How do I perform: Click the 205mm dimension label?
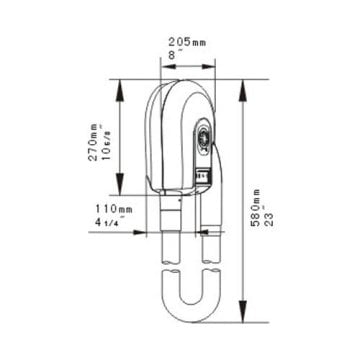click(187, 42)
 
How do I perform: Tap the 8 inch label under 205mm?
click(172, 55)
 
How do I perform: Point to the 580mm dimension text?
click(256, 208)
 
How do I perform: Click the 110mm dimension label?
click(114, 209)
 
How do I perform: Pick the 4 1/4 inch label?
click(107, 223)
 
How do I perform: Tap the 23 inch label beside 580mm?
click(269, 218)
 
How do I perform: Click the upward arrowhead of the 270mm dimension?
click(120, 90)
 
